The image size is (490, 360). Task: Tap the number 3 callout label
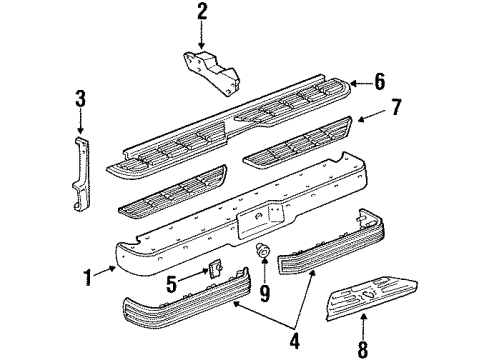(x=80, y=98)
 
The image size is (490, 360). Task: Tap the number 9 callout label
(x=264, y=293)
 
